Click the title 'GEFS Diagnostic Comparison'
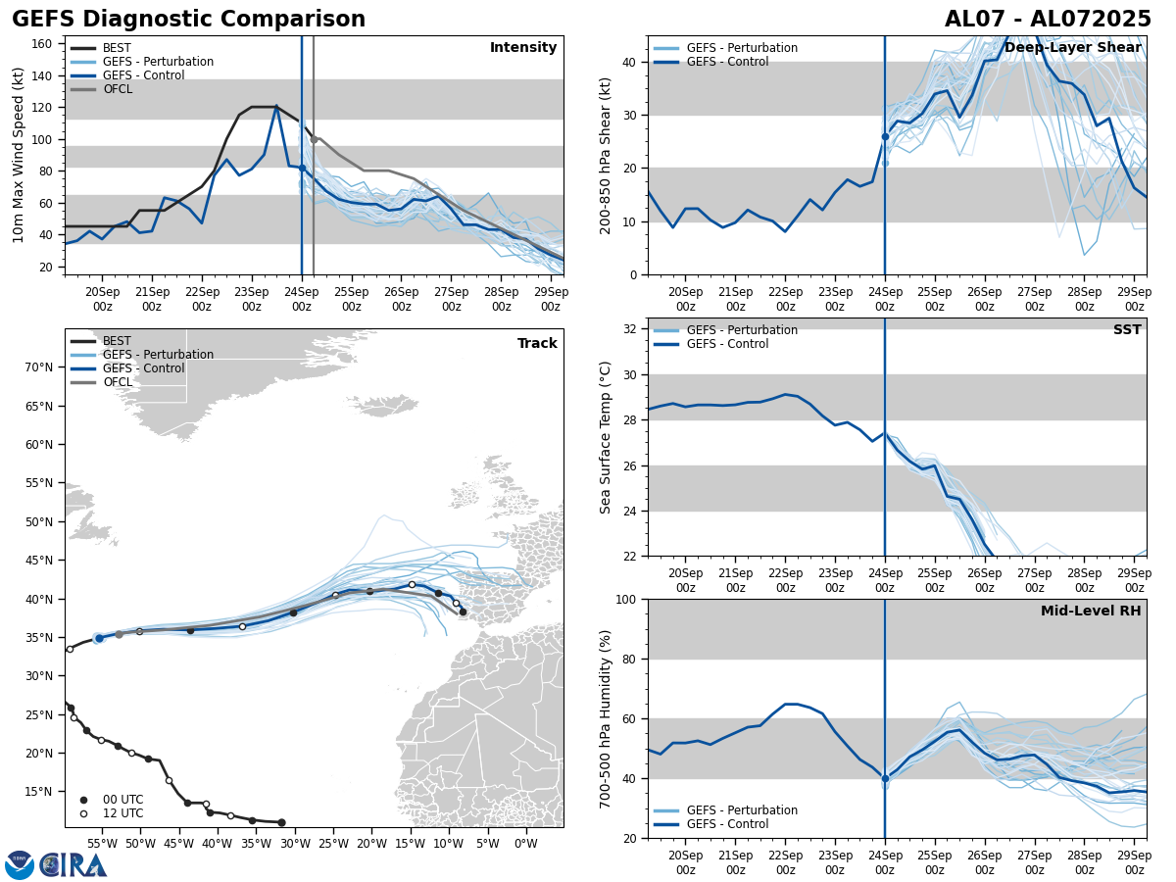(188, 20)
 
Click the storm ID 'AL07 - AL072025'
(1048, 20)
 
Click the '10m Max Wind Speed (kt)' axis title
(20, 155)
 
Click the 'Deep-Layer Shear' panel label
(1072, 48)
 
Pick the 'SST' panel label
(1127, 330)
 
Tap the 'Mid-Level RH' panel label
(1091, 612)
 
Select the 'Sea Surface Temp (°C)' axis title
(606, 437)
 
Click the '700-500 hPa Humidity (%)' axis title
(606, 718)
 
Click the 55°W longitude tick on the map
(101, 843)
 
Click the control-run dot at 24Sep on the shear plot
(885, 136)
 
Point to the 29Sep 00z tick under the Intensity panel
(551, 299)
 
